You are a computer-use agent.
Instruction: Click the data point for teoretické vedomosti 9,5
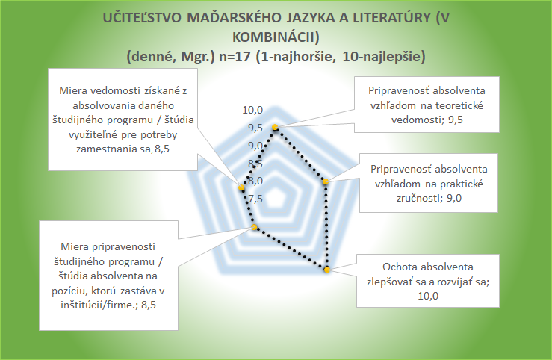pyautogui.click(x=275, y=128)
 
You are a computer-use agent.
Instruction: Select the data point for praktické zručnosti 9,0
pyautogui.click(x=326, y=181)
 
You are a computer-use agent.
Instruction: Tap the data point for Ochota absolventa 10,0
pyautogui.click(x=326, y=270)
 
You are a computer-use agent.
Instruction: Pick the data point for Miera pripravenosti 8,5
pyautogui.click(x=254, y=227)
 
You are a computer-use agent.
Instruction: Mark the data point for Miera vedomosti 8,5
pyautogui.click(x=241, y=187)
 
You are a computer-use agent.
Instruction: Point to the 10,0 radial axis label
pyautogui.click(x=252, y=110)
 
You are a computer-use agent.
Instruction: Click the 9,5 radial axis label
pyautogui.click(x=255, y=128)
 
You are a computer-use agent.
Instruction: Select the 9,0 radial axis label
pyautogui.click(x=255, y=146)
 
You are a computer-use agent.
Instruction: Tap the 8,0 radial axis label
pyautogui.click(x=256, y=181)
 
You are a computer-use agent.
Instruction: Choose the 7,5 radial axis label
pyautogui.click(x=256, y=199)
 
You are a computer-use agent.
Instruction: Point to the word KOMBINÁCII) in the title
pyautogui.click(x=276, y=37)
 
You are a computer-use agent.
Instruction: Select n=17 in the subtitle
pyautogui.click(x=235, y=56)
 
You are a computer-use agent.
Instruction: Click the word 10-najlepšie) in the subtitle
pyautogui.click(x=384, y=56)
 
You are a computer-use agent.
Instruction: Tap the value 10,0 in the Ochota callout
pyautogui.click(x=428, y=296)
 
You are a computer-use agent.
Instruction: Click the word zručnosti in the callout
pyautogui.click(x=420, y=198)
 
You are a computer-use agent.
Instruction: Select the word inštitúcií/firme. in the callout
pyautogui.click(x=99, y=305)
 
